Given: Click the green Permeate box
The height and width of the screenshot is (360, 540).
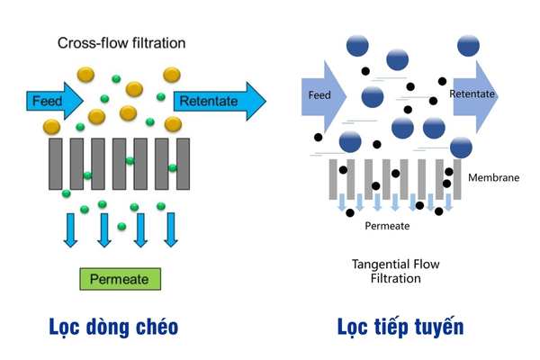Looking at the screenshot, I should [120, 279].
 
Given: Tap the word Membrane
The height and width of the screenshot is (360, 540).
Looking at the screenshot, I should [493, 177].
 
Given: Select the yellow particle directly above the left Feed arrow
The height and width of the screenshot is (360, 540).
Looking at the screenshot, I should [85, 73].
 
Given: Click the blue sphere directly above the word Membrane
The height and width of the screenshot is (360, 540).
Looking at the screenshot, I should [461, 148].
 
